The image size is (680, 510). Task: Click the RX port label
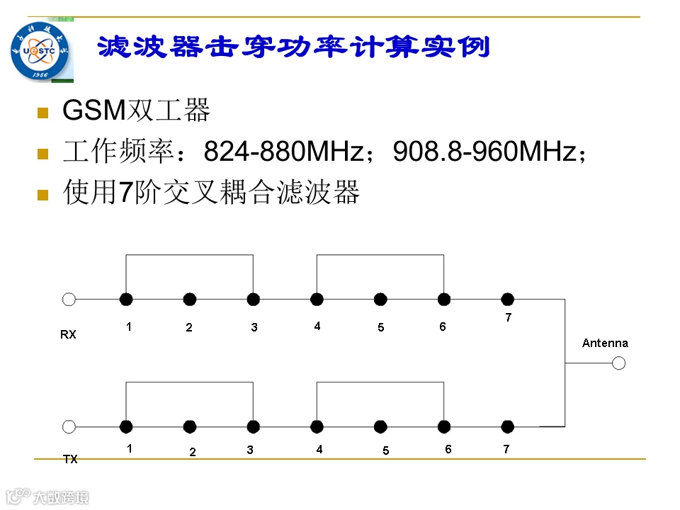[x=68, y=334]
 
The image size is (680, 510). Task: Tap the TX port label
[x=70, y=459]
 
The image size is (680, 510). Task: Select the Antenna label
[x=605, y=343]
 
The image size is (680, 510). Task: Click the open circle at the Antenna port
[x=619, y=363]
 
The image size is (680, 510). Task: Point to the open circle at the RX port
[x=69, y=300]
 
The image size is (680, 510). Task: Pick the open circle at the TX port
[x=69, y=426]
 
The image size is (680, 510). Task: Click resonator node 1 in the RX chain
[x=126, y=300]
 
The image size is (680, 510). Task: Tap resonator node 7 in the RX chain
[x=507, y=300]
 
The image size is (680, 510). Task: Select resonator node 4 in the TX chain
[x=317, y=426]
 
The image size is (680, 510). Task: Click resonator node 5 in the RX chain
[x=380, y=300]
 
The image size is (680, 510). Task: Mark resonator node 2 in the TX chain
[x=190, y=426]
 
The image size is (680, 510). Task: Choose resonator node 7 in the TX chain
[x=507, y=426]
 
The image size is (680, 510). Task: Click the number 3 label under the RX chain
[x=254, y=327]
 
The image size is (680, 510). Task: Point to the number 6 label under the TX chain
[x=448, y=449]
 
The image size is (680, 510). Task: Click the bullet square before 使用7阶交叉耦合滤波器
[x=42, y=194]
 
